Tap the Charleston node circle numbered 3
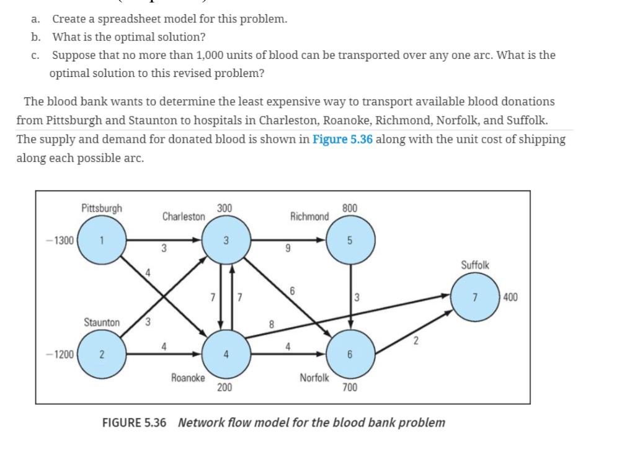point(226,239)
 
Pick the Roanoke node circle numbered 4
point(226,355)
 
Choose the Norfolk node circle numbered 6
point(350,355)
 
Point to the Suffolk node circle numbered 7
point(474,296)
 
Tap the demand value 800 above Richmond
point(350,208)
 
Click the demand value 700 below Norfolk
point(350,388)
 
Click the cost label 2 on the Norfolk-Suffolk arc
point(416,340)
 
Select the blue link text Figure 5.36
point(342,139)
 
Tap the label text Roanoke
point(188,377)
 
